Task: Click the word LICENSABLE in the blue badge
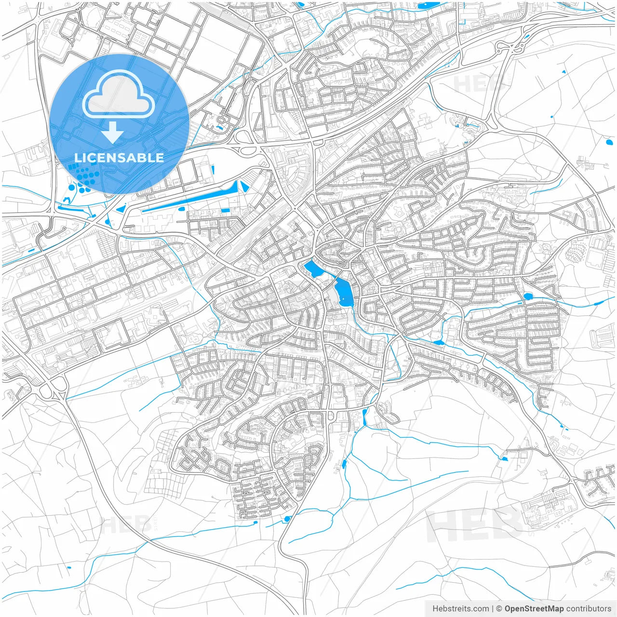(x=119, y=158)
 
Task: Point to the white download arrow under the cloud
(x=113, y=132)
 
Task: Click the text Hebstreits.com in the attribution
(x=461, y=609)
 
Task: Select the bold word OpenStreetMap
(x=534, y=609)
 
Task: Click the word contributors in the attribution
(x=589, y=609)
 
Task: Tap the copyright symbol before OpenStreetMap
(x=499, y=609)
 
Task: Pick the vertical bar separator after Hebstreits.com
(x=493, y=609)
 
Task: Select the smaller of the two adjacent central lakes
(x=312, y=268)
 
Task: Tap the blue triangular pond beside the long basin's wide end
(x=244, y=187)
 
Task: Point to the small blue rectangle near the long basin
(x=225, y=211)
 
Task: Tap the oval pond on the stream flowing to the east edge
(x=527, y=295)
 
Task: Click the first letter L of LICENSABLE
(x=78, y=158)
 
